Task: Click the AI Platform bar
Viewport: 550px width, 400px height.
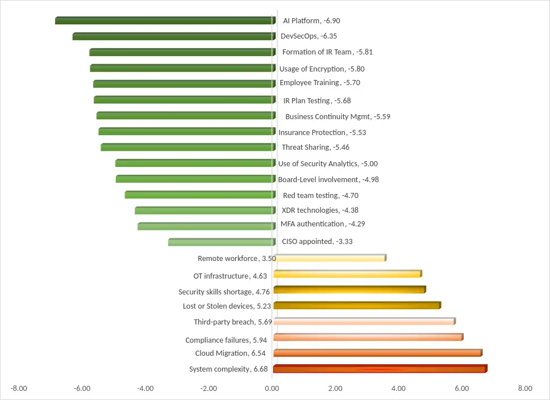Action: pyautogui.click(x=165, y=20)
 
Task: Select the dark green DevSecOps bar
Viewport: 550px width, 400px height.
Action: pyautogui.click(x=173, y=36)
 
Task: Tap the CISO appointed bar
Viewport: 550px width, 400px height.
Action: pyautogui.click(x=222, y=242)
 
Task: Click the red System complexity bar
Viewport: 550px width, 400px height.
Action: pyautogui.click(x=380, y=369)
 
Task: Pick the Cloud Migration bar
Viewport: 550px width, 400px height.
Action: pyautogui.click(x=377, y=353)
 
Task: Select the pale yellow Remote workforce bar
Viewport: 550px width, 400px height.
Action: pyautogui.click(x=330, y=258)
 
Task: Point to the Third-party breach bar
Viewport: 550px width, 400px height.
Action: pyautogui.click(x=364, y=321)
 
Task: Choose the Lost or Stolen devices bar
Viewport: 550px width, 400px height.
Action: pyautogui.click(x=357, y=305)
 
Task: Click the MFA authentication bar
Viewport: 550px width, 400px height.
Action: pyautogui.click(x=206, y=226)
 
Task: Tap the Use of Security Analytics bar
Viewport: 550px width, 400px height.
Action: pyautogui.click(x=195, y=163)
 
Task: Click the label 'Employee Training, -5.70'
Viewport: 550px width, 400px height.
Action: pyautogui.click(x=320, y=83)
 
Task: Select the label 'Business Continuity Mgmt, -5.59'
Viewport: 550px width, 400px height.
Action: pyautogui.click(x=338, y=117)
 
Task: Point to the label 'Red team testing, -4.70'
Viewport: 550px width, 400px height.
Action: pyautogui.click(x=320, y=196)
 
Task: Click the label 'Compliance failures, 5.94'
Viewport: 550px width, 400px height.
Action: pyautogui.click(x=226, y=340)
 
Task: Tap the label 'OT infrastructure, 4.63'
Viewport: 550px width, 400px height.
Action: pyautogui.click(x=230, y=276)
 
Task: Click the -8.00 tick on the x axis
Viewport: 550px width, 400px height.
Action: pyautogui.click(x=19, y=389)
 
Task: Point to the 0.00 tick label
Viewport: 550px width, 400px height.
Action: pyautogui.click(x=272, y=389)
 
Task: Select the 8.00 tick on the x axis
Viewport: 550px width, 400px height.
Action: pyautogui.click(x=525, y=389)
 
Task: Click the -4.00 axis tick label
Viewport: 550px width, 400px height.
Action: pyautogui.click(x=145, y=389)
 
